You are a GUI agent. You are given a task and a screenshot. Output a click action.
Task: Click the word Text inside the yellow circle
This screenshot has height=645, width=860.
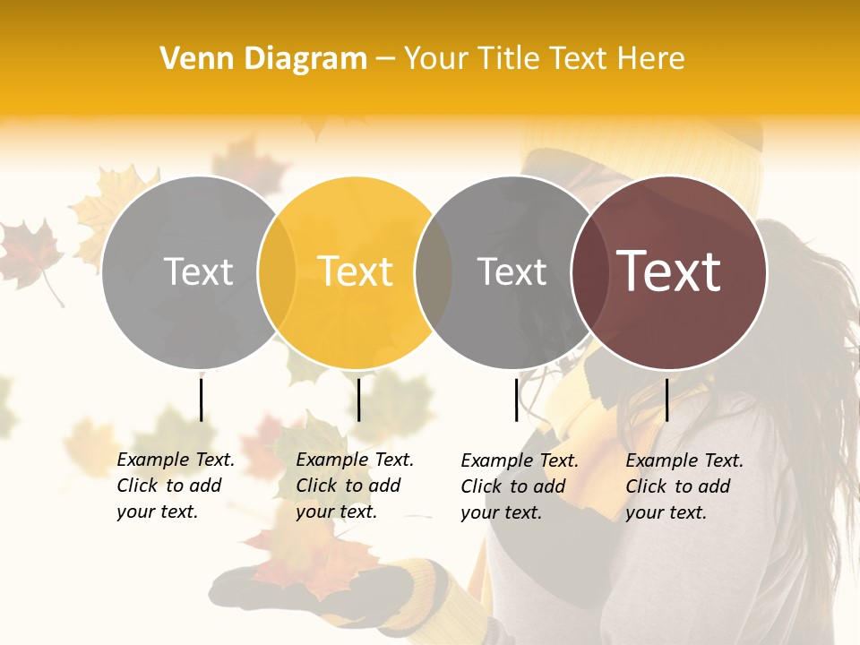point(356,271)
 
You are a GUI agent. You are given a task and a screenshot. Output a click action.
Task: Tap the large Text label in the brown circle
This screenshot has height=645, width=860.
point(669,271)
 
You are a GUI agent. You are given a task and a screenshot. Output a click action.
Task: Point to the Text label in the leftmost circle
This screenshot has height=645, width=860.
point(198,271)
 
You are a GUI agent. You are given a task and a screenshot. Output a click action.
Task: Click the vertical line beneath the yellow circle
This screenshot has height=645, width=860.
point(358,400)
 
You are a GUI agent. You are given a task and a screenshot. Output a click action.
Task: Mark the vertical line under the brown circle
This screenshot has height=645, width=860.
point(666,400)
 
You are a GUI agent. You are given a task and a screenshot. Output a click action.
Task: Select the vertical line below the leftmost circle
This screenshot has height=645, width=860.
point(202,400)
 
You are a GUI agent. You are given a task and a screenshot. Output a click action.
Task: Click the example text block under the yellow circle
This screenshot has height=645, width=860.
point(354,486)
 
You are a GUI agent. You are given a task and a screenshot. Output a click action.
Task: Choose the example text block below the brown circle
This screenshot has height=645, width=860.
point(684,486)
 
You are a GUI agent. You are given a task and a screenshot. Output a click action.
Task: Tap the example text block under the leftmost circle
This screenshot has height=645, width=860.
point(175,486)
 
